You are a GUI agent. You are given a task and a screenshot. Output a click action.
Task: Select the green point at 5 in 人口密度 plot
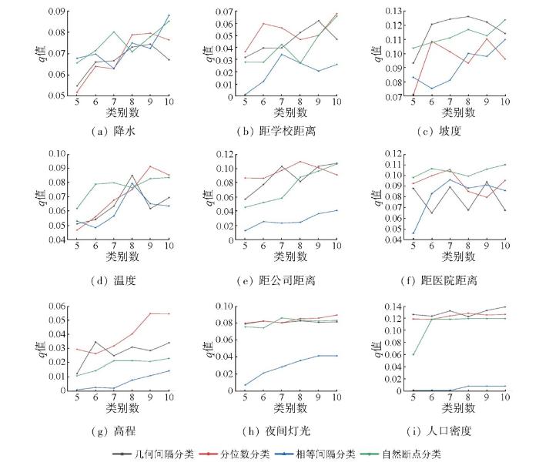coord(413,355)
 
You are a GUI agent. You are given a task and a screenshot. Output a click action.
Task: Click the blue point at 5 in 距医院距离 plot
coord(413,233)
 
